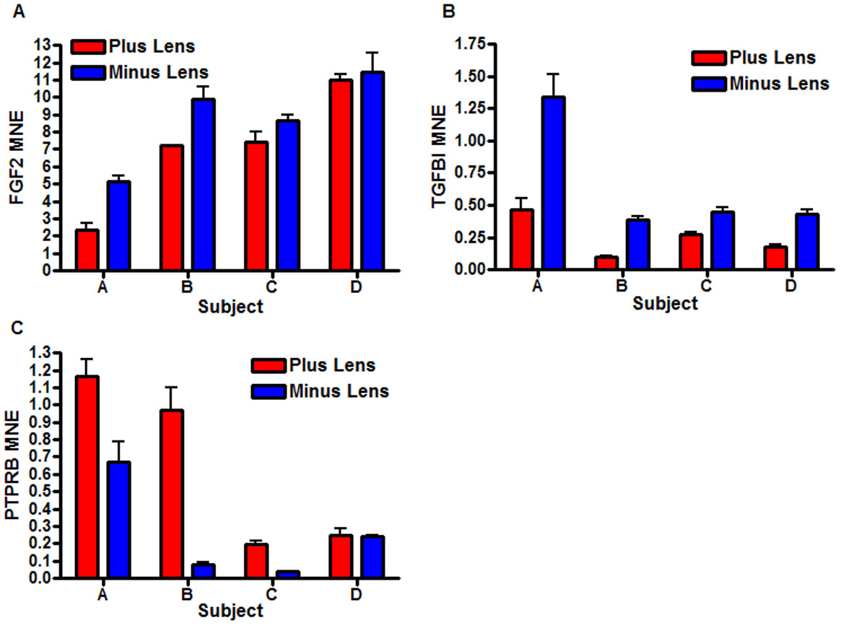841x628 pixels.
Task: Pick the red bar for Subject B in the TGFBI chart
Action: [607, 263]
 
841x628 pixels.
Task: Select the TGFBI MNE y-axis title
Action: [439, 155]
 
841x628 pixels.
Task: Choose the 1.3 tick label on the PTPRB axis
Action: [42, 353]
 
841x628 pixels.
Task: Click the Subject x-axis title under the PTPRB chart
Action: [230, 611]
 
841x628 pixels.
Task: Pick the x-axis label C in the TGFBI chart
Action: [706, 286]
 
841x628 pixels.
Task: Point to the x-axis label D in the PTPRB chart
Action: [356, 594]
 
